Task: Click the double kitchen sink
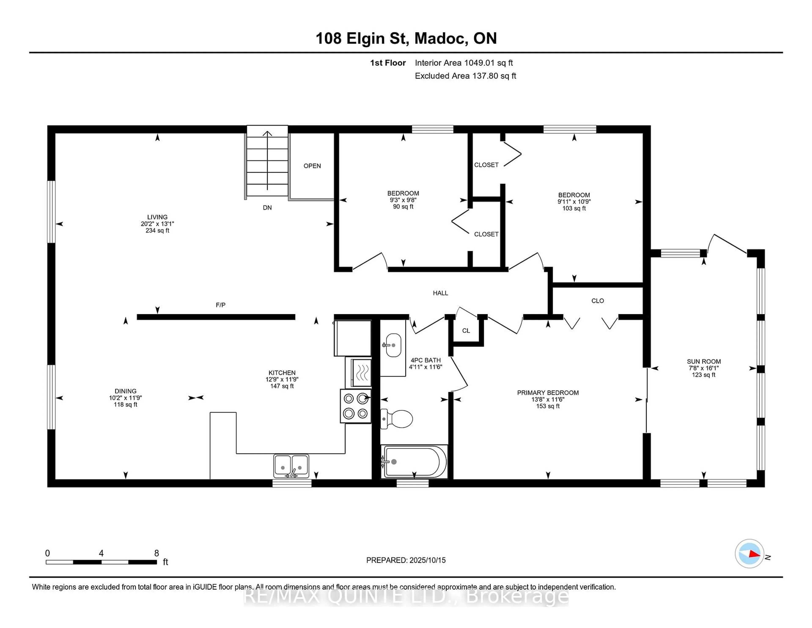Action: (x=291, y=466)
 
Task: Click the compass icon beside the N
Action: (x=749, y=553)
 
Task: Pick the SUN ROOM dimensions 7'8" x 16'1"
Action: (x=704, y=368)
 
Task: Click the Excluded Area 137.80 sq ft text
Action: (x=465, y=76)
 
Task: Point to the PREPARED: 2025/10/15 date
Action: (x=406, y=560)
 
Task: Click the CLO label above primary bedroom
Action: (x=597, y=301)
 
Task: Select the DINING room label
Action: (x=125, y=391)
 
